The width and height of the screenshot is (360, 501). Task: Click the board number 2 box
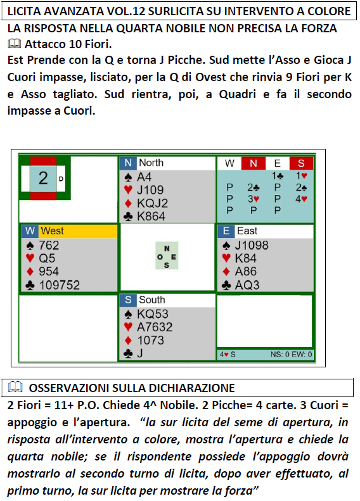43,178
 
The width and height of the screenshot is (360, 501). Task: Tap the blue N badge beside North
128,163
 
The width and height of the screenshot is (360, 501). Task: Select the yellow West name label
78,231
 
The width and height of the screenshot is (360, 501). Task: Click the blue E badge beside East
226,231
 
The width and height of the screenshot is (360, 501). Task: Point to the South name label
151,300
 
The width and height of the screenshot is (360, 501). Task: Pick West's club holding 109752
59,284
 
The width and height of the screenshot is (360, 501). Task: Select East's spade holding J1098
252,245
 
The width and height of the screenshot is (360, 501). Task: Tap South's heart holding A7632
155,327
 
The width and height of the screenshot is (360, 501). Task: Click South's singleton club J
139,353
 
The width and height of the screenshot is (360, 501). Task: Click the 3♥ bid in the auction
254,199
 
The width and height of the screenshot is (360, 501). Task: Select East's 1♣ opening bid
277,175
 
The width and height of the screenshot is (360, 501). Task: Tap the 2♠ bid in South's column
301,187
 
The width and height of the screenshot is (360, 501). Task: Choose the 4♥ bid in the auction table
301,199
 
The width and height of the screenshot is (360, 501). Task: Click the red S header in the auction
301,163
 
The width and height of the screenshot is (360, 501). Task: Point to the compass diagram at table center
167,256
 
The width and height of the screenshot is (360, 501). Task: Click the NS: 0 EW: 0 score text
291,354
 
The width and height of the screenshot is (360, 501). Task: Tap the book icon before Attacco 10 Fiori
14,44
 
